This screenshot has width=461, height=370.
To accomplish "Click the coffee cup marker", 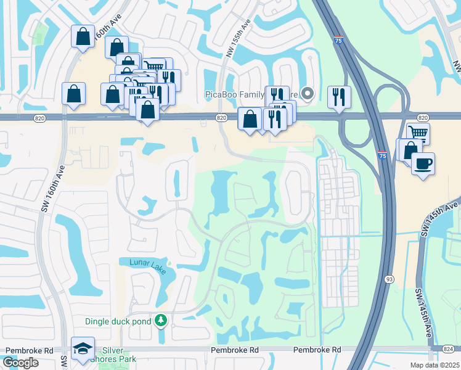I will [x=423, y=164].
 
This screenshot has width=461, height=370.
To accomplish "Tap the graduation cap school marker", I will [x=82, y=349].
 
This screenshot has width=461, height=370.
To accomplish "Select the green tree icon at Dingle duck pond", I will [x=161, y=321].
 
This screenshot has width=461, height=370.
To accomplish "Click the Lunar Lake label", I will [x=147, y=263].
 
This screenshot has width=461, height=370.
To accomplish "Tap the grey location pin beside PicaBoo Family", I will [x=309, y=94].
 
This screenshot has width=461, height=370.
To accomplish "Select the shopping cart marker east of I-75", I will [x=418, y=133].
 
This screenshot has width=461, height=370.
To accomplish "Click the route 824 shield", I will [x=452, y=350].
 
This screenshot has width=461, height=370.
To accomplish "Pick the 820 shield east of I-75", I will [x=422, y=117].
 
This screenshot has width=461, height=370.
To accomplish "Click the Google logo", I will [x=20, y=363].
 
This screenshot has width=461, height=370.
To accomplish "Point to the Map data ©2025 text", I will [x=434, y=365].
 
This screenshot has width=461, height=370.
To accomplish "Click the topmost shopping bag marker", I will [x=82, y=36].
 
